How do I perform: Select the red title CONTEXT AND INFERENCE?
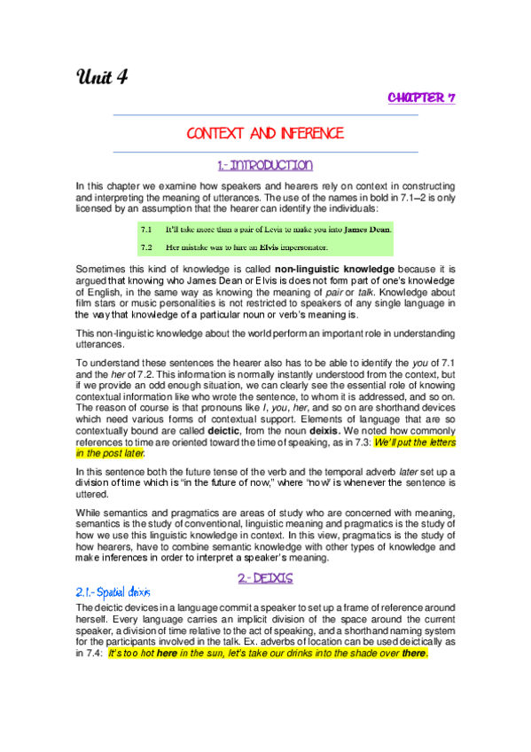pos(265,134)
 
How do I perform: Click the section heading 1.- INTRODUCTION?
pos(265,165)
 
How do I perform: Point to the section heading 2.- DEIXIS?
pos(265,577)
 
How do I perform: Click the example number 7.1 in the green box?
pos(147,230)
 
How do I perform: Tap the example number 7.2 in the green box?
pos(147,246)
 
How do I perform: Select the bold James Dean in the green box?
pos(367,230)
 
